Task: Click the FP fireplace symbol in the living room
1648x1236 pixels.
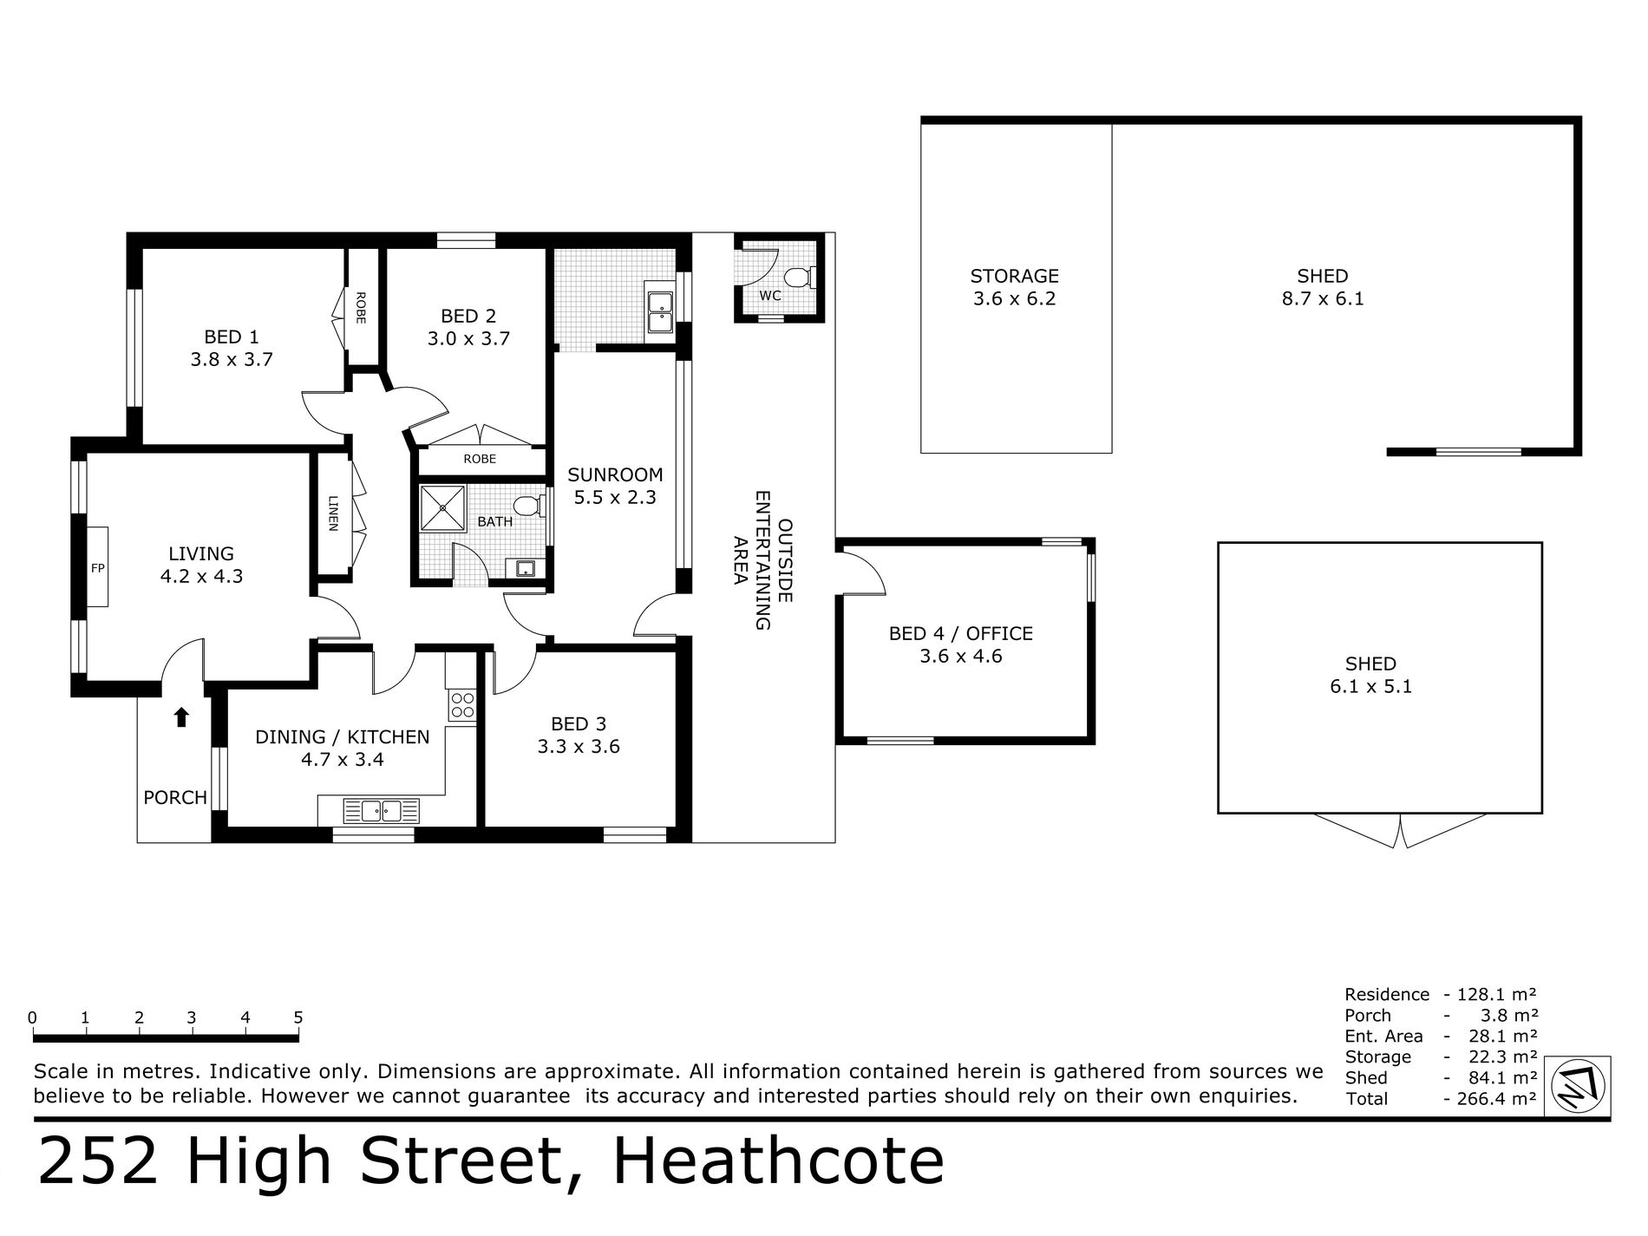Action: click(x=97, y=567)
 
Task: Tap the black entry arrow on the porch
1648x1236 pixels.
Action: click(x=181, y=716)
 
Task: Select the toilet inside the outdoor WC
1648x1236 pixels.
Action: click(x=796, y=278)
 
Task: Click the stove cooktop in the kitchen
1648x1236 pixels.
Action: click(x=462, y=704)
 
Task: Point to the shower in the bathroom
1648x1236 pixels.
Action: click(x=442, y=507)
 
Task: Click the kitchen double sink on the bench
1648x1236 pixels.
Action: click(x=382, y=811)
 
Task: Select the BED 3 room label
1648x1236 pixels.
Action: click(x=579, y=735)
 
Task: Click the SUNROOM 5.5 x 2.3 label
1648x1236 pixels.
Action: click(x=615, y=486)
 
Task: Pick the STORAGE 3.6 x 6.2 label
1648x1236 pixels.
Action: click(x=1014, y=287)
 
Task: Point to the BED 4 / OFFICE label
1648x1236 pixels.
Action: click(x=960, y=644)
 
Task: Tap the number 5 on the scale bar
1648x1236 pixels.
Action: click(x=298, y=1017)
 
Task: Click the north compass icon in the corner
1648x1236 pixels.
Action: click(x=1579, y=1087)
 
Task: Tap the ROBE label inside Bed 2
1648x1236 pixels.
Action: click(x=480, y=459)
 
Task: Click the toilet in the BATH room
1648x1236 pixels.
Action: click(x=526, y=506)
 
